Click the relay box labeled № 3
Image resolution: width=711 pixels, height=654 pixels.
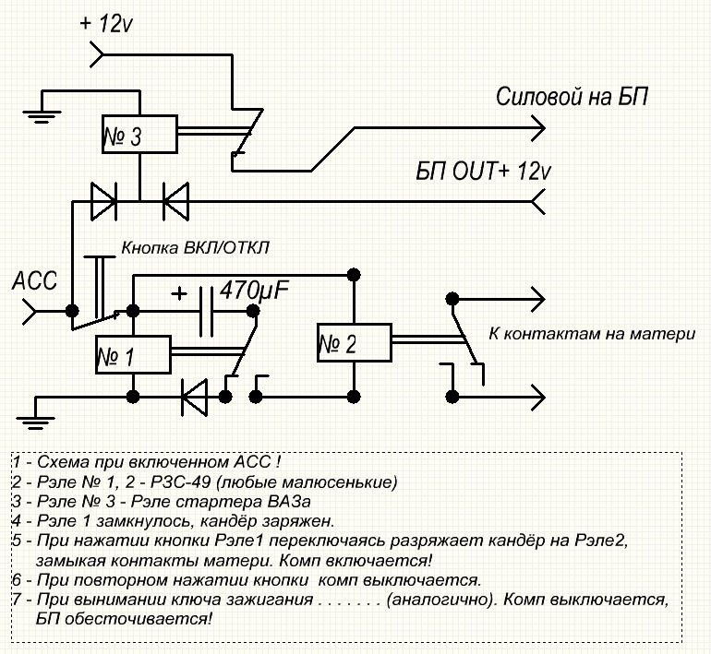pyautogui.click(x=139, y=137)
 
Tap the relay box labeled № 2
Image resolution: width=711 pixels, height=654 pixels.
pyautogui.click(x=355, y=344)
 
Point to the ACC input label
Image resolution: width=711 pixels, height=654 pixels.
pyautogui.click(x=33, y=280)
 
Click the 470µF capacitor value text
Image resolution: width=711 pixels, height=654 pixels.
pyautogui.click(x=251, y=292)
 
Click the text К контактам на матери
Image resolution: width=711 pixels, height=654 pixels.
pyautogui.click(x=591, y=334)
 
